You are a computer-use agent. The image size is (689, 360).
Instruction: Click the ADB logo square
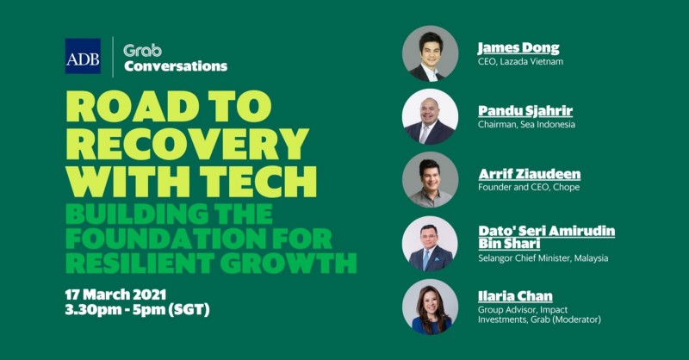[x=83, y=56]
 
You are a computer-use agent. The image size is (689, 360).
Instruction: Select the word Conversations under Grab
[x=176, y=66]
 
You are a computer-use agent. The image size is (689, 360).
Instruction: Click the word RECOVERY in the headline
[x=188, y=144]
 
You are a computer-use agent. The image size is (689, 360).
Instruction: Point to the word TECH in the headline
[x=258, y=182]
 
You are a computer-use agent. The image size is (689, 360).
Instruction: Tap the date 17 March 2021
[x=115, y=294]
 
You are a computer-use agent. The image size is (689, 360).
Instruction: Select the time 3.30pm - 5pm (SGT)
[x=137, y=310]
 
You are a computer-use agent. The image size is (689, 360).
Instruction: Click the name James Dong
[x=518, y=47]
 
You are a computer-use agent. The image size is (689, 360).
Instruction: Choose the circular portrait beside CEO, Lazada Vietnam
[x=430, y=53]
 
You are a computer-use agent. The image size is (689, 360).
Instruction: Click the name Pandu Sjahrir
[x=525, y=110]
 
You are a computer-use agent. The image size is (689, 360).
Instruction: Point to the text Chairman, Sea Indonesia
[x=526, y=124]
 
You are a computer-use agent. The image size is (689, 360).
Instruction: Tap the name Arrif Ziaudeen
[x=530, y=174]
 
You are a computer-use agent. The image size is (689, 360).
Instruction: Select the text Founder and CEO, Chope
[x=529, y=187]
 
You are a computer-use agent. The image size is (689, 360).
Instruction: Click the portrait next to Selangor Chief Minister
[x=430, y=244]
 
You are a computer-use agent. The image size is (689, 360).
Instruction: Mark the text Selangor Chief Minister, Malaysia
[x=543, y=258]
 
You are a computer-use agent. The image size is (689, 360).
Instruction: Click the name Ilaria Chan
[x=515, y=295]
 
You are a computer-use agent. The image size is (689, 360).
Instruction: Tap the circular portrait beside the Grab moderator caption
[x=430, y=307]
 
